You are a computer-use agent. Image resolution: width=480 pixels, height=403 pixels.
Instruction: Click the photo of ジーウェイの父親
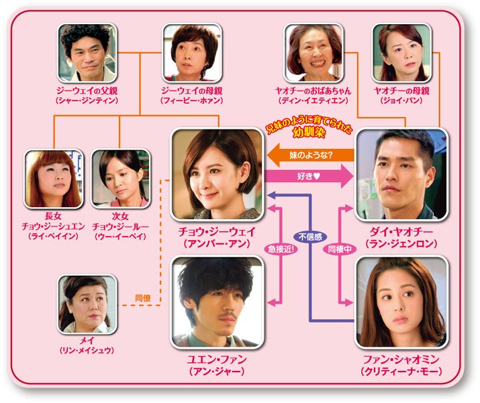pos(86,53)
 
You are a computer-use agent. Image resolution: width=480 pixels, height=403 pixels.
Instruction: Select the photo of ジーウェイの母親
pos(192,53)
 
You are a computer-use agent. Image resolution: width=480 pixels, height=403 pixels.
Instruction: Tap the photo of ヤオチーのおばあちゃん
pos(314,53)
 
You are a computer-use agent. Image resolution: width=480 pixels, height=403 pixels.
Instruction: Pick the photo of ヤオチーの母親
pos(401,53)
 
